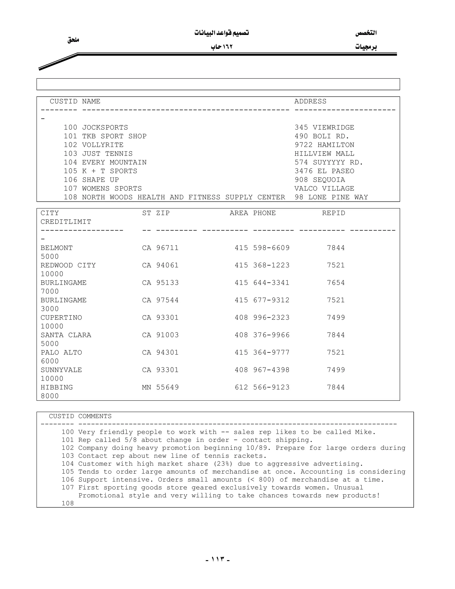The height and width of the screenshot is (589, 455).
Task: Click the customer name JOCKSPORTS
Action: point(105,128)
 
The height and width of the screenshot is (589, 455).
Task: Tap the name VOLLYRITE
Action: point(103,145)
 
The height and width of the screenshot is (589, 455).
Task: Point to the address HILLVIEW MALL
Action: point(324,154)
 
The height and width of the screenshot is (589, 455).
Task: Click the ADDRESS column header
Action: point(310,101)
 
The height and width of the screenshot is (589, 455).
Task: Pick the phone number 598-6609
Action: point(271,248)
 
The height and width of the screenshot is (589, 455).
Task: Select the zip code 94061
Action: point(167,265)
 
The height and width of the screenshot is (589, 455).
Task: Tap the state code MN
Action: point(147,387)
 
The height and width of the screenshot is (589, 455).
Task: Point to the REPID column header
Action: point(333,213)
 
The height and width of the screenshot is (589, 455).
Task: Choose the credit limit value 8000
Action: point(50,396)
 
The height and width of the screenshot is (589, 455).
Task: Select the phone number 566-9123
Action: point(271,387)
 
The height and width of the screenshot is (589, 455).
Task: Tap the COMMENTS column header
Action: point(95,416)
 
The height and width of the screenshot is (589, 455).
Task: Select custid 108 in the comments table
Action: point(68,503)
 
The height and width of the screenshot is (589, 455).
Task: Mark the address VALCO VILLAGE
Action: point(324,188)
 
